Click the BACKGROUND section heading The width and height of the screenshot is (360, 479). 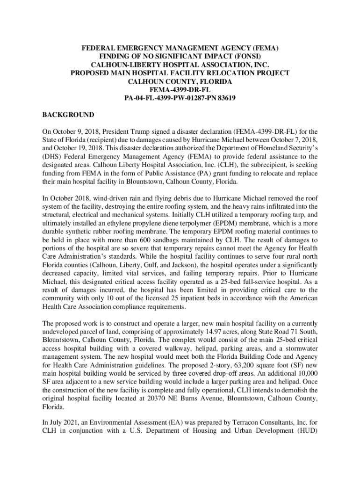[x=68, y=115]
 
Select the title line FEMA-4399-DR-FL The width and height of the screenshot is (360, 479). [x=180, y=90]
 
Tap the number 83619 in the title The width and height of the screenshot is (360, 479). [x=225, y=98]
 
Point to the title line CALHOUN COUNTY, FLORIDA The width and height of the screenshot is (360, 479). [x=180, y=81]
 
